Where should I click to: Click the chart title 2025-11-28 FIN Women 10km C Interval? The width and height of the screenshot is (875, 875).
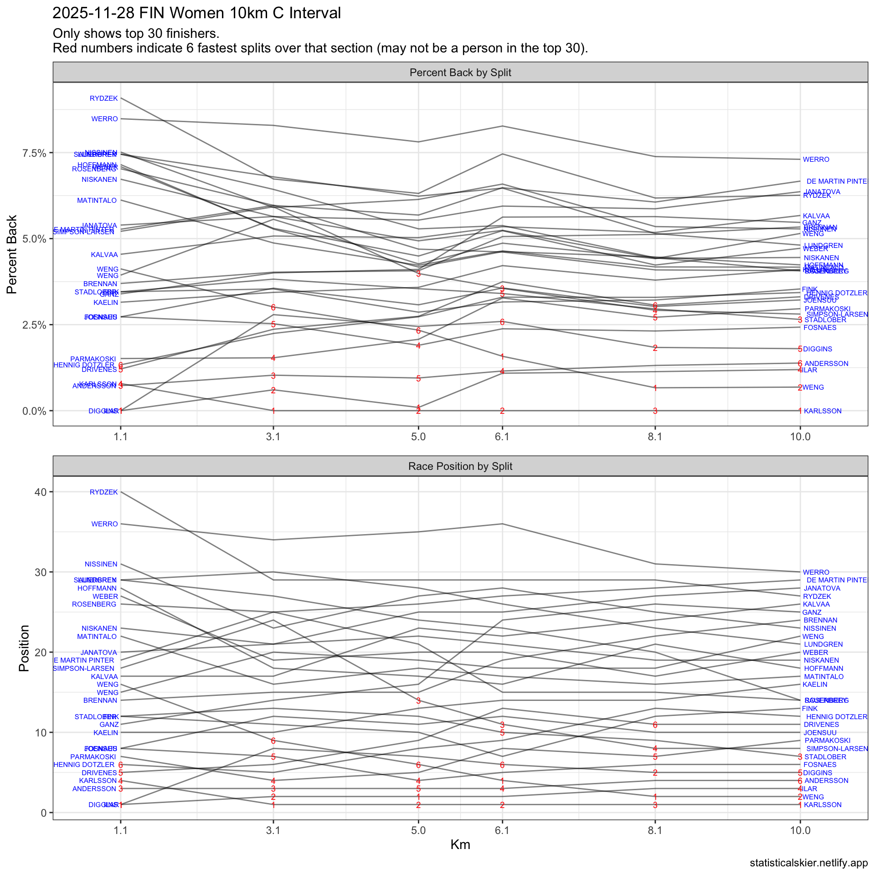(x=196, y=13)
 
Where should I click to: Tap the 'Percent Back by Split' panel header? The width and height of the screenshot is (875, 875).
(x=460, y=72)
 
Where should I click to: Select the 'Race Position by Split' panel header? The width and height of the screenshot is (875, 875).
(x=460, y=466)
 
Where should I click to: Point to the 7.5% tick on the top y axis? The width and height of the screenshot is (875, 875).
(x=35, y=153)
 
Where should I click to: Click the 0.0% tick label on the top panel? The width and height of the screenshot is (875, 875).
(x=35, y=411)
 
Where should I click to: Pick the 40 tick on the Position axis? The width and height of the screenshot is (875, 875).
(x=41, y=492)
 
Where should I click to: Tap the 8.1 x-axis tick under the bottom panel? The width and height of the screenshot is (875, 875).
(x=655, y=830)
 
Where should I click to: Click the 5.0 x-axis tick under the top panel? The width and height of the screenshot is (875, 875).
(x=418, y=437)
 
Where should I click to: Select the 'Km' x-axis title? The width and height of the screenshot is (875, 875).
(x=460, y=844)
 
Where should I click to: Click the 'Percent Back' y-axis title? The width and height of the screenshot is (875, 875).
(x=12, y=254)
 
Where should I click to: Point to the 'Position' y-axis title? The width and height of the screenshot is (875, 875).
(x=24, y=648)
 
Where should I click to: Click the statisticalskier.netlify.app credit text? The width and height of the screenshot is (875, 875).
(x=808, y=863)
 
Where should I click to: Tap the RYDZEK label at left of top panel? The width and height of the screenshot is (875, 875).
(x=104, y=98)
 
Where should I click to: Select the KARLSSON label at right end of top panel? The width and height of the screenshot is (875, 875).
(x=823, y=411)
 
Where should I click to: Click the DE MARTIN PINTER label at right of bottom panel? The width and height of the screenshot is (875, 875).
(x=837, y=580)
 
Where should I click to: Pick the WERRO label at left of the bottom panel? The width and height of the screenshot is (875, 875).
(x=104, y=524)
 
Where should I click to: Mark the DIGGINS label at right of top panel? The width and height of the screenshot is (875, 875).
(x=818, y=349)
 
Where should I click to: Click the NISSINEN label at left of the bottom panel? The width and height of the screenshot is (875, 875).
(x=101, y=564)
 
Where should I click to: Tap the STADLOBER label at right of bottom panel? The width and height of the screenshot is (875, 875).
(x=825, y=757)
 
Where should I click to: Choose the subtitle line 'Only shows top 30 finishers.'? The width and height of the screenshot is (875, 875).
(x=136, y=33)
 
